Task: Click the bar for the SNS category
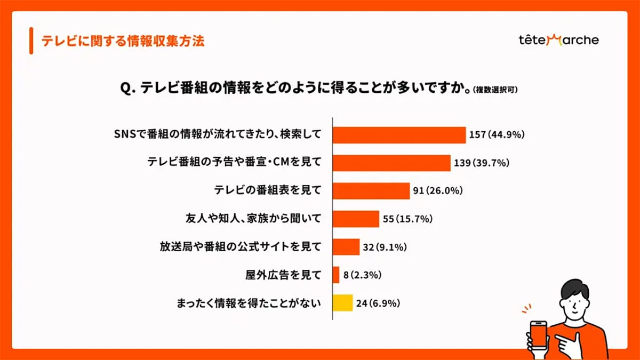point(399,135)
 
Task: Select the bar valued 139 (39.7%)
point(391,163)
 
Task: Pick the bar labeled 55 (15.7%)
point(356,219)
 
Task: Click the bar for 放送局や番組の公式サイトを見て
point(346,247)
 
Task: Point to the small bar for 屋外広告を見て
point(336,275)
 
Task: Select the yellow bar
point(342,303)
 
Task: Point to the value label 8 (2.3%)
point(363,275)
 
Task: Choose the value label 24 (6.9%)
point(378,303)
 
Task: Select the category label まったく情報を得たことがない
point(249,303)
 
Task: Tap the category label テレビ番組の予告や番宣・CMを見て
point(234,163)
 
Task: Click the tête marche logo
point(558,40)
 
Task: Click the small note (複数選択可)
point(495,91)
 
